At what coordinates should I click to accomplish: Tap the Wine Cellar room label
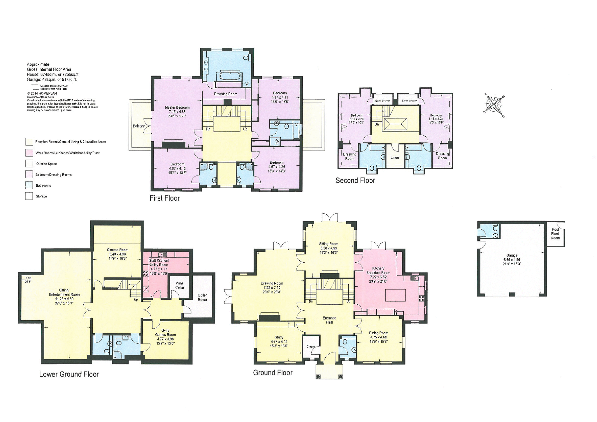click(180, 285)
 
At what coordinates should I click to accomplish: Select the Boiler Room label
click(202, 297)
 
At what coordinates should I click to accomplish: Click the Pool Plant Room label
click(555, 234)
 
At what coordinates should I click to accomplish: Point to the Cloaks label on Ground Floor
click(311, 347)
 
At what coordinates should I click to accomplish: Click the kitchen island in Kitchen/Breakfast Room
click(396, 295)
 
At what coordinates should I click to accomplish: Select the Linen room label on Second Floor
click(394, 158)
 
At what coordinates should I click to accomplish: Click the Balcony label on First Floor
click(139, 126)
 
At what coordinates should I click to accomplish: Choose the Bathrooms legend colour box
click(29, 185)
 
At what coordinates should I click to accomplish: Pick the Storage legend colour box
click(29, 196)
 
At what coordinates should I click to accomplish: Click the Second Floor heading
click(355, 180)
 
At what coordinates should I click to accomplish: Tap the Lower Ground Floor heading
click(69, 374)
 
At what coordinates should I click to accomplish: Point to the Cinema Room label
click(117, 250)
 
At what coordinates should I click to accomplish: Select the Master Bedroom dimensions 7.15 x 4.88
click(177, 112)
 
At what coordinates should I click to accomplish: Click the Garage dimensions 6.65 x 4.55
click(512, 259)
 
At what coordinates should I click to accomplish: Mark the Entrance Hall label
click(329, 320)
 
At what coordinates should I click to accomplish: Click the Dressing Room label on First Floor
click(226, 94)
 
